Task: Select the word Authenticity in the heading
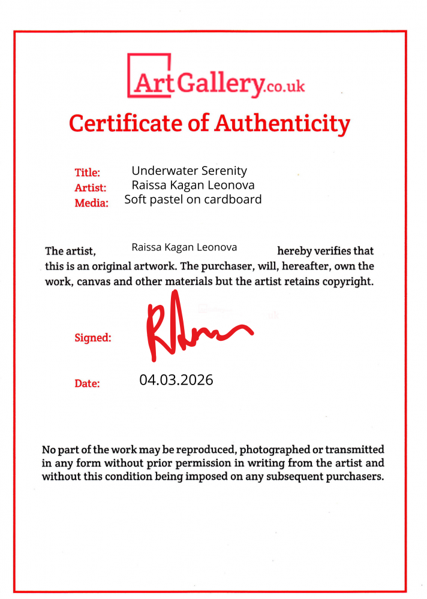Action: tap(282, 123)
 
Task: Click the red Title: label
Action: tap(87, 173)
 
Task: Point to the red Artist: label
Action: tap(90, 187)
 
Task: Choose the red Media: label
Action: tap(91, 203)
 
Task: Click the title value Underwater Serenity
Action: tap(189, 171)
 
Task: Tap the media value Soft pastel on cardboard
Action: tap(193, 199)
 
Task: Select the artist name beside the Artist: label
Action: tap(193, 185)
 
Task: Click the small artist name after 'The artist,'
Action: tap(184, 247)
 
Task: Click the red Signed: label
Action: tap(92, 338)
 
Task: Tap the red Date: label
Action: tap(87, 383)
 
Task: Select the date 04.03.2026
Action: tap(176, 380)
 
